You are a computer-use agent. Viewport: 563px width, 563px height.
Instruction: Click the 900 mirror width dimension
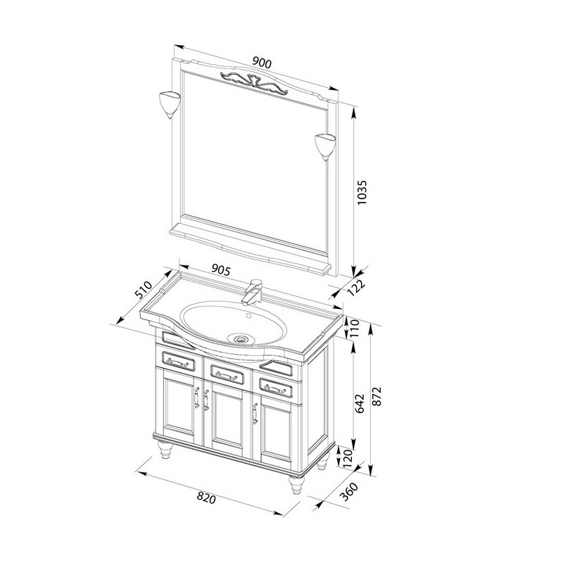262,63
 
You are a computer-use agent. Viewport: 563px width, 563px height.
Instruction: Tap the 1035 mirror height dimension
362,192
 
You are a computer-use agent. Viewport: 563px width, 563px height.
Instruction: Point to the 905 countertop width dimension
220,270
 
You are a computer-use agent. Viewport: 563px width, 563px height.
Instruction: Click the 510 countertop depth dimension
144,290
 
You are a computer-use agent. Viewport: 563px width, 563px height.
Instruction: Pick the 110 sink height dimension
355,327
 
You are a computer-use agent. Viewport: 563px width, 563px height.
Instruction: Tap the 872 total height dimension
377,396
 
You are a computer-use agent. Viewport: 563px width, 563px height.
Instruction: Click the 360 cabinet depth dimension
348,491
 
